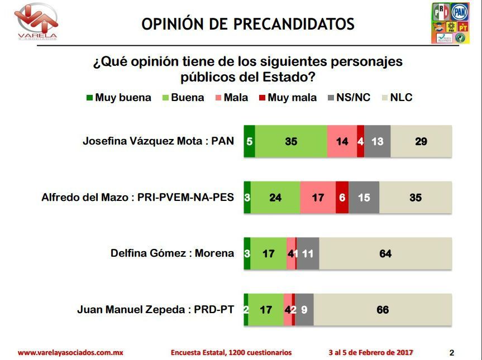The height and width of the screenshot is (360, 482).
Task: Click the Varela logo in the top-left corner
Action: (x=37, y=21)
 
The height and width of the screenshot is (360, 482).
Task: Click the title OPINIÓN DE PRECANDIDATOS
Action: (x=247, y=24)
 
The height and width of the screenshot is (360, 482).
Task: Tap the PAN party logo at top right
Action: (x=459, y=11)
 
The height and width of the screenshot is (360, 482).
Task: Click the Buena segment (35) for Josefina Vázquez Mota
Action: (x=291, y=141)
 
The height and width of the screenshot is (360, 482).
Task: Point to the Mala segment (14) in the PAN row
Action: (x=342, y=141)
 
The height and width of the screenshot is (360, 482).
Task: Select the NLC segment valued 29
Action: (x=421, y=141)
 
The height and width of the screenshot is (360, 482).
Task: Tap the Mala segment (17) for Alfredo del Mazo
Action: (x=318, y=197)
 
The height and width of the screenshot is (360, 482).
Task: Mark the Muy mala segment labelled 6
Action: (x=342, y=197)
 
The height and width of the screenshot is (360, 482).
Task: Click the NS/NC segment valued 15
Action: (x=364, y=197)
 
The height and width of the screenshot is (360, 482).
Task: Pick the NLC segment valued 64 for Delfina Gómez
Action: (x=385, y=253)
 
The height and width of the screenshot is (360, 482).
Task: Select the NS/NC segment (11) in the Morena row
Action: (x=308, y=253)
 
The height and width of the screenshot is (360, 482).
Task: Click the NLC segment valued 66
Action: (x=383, y=309)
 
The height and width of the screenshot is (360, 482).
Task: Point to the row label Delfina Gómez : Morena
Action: (x=172, y=253)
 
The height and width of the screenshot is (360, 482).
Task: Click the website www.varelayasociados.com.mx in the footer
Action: (x=70, y=352)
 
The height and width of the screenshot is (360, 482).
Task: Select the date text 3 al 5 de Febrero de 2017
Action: (x=371, y=352)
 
